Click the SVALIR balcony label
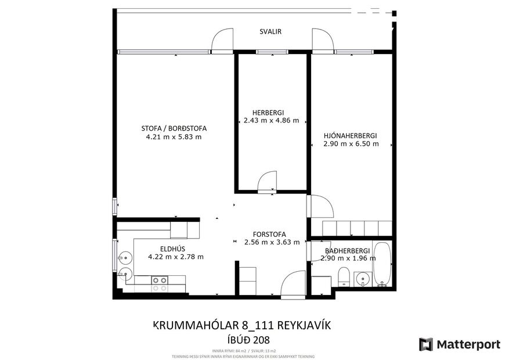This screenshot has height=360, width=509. pyautogui.click(x=270, y=32)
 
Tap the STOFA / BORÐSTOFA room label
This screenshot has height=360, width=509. pyautogui.click(x=174, y=128)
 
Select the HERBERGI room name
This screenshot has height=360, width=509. pyautogui.click(x=268, y=113)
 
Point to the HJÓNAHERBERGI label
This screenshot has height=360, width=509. pyautogui.click(x=351, y=135)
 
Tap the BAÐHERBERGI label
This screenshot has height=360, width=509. pyautogui.click(x=348, y=250)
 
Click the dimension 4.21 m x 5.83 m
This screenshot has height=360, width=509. pyautogui.click(x=174, y=137)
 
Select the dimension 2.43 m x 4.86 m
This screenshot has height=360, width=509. pyautogui.click(x=268, y=121)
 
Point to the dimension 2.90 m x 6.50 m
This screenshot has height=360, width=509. pyautogui.click(x=351, y=144)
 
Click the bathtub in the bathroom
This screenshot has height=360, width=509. pyautogui.click(x=382, y=265)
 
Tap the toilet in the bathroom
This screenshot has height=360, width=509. pyautogui.click(x=344, y=278)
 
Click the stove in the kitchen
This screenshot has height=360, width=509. pyautogui.click(x=160, y=283)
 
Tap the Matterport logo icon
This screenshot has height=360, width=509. pyautogui.click(x=426, y=344)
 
